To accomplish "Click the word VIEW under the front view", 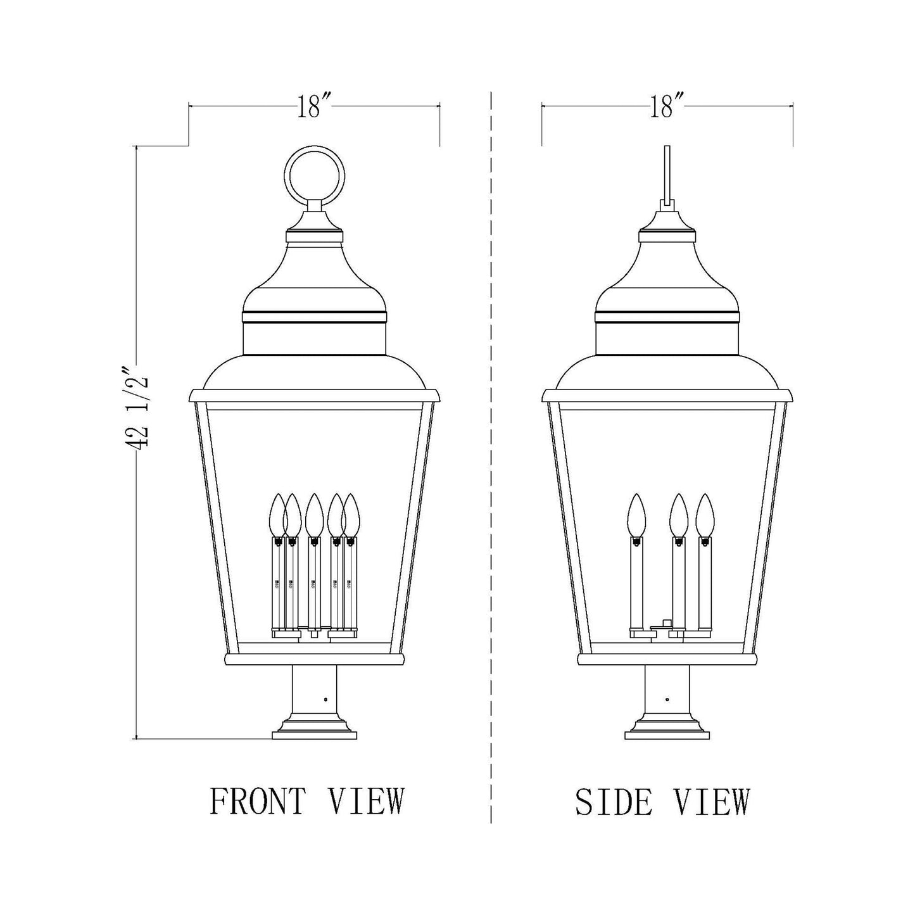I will click(365, 801).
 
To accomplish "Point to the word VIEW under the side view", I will click(711, 801).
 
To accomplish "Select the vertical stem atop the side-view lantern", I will click(667, 171).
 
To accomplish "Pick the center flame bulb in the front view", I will click(313, 514).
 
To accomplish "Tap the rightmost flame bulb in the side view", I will click(704, 514).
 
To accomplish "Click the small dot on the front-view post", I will click(325, 700).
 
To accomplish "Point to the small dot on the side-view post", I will click(667, 700).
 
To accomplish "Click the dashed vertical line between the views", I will click(491, 443).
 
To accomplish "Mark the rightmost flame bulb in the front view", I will click(351, 514).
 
